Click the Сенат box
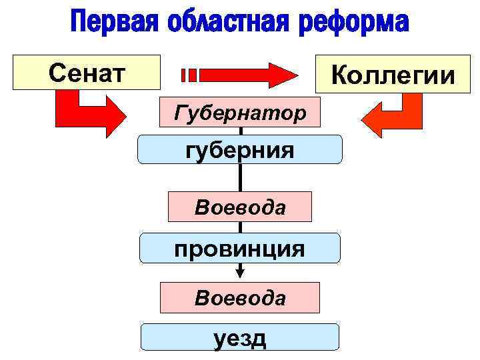click(x=87, y=71)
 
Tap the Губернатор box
click(x=240, y=113)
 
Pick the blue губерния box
click(x=240, y=149)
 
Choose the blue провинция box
click(x=240, y=248)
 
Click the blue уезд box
click(x=240, y=337)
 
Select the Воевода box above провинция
click(x=240, y=207)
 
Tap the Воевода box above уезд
click(x=240, y=297)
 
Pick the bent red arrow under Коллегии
click(x=393, y=115)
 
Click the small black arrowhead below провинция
click(x=241, y=271)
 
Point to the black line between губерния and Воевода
click(x=240, y=177)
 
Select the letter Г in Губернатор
click(x=179, y=112)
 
